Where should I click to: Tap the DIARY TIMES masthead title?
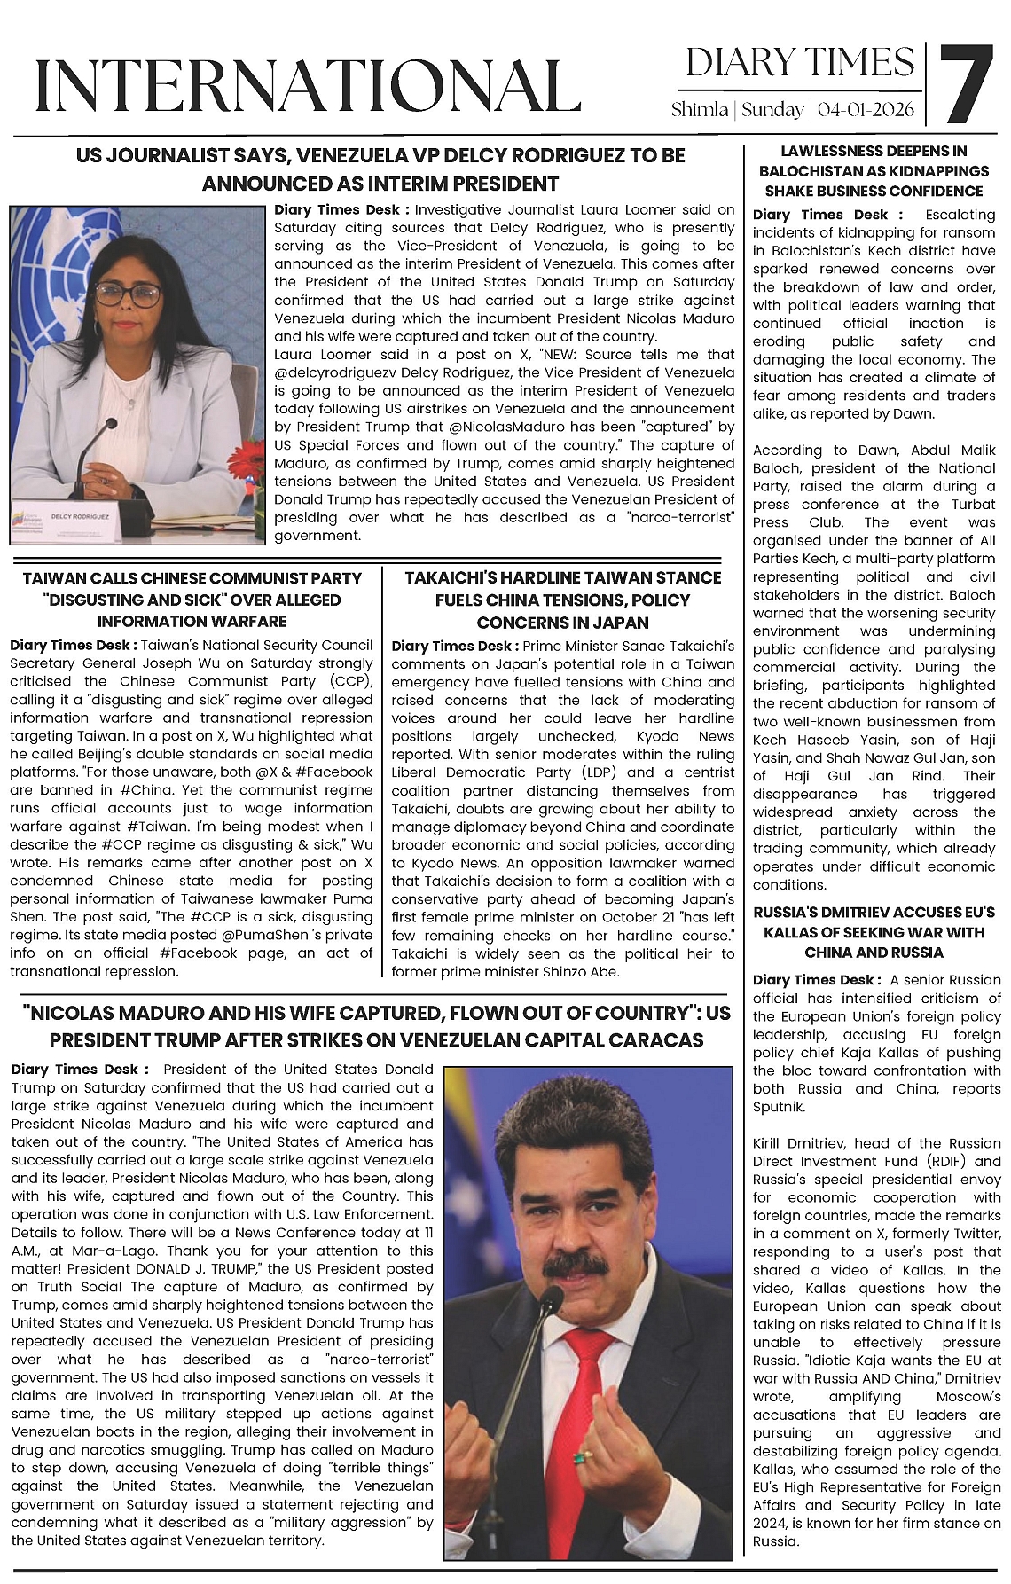click(799, 62)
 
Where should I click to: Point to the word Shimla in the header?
click(700, 110)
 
